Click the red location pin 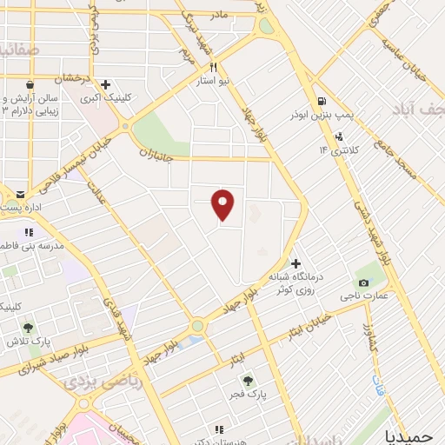223,205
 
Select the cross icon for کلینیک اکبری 105,85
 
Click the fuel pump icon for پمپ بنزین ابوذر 322,101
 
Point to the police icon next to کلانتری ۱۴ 338,136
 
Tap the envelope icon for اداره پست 21,194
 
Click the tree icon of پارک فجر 247,380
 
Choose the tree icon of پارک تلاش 28,328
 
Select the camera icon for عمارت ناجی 362,283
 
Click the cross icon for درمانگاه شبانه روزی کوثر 296,262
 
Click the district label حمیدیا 414,434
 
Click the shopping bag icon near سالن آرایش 31,85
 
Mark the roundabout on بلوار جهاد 197,326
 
